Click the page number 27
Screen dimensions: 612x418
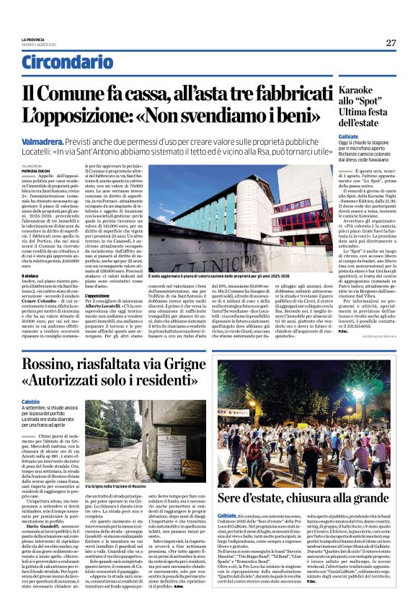pos(391,43)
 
